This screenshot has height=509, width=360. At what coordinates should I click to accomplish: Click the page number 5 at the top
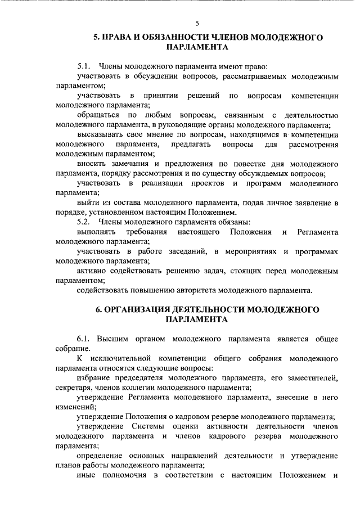[197, 23]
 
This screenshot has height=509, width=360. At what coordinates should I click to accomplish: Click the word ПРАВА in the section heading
[120, 38]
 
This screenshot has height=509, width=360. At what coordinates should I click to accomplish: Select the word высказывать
[100, 135]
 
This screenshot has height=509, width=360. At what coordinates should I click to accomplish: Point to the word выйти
[88, 202]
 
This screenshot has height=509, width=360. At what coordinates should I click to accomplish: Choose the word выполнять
[96, 232]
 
